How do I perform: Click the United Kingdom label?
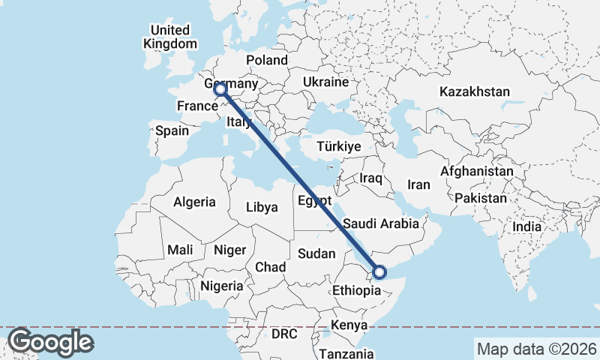coord(169,37)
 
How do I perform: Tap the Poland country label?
coord(266,60)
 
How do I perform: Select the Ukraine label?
coord(325,82)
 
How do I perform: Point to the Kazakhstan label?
coord(475,92)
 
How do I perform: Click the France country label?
coord(196,106)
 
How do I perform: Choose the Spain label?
coord(172,130)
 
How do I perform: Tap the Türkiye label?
coord(339,146)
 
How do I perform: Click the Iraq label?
coord(370,178)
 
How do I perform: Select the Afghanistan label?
coord(477,172)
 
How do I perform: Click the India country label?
coord(526,226)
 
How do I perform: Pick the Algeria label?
coord(194,202)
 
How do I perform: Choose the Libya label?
coord(262,206)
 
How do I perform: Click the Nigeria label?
coord(221,286)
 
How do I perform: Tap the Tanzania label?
coord(346,353)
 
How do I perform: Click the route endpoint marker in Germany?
coord(220,90)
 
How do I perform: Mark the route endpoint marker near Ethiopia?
coord(379,272)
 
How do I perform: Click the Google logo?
coord(49,342)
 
